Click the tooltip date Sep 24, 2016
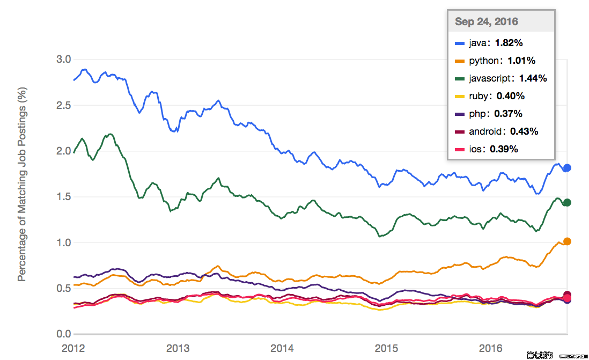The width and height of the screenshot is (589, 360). pos(487,22)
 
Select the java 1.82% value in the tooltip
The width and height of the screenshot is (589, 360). pos(509,43)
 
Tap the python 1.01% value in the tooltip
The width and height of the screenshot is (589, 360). pos(521,61)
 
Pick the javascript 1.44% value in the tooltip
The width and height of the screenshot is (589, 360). pos(533,78)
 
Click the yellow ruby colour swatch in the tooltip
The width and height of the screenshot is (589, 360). pos(460,97)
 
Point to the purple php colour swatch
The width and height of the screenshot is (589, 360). pos(460,114)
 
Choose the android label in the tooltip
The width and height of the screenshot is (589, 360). pos(485,131)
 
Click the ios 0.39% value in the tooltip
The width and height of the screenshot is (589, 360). pos(504,149)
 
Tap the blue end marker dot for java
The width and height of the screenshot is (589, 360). pos(567,168)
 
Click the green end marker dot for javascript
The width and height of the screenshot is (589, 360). pos(567,203)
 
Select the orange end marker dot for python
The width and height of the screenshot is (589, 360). pos(567,241)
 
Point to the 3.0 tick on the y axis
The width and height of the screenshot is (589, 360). pos(63,60)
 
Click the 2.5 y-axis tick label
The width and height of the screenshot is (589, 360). pos(63,105)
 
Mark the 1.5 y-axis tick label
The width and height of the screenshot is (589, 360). pos(63,196)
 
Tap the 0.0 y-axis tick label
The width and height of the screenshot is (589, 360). pos(63,334)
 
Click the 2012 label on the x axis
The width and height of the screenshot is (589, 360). pos(73,348)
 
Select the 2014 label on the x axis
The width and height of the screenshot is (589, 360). pos(282,348)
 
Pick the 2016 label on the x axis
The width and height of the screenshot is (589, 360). pos(491,348)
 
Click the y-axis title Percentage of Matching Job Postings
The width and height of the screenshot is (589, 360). pos(22,184)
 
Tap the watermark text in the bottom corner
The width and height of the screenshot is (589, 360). pos(557,355)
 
